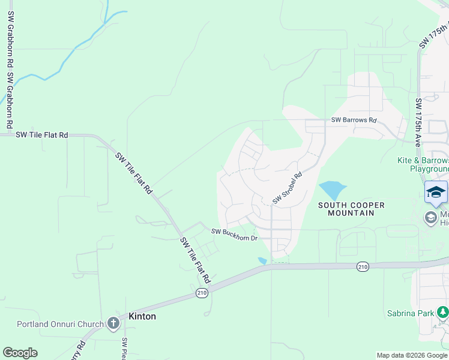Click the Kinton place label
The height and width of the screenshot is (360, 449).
pyautogui.click(x=142, y=316)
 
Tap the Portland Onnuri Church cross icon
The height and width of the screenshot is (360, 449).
pyautogui.click(x=113, y=324)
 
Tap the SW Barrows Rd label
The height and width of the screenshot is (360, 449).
pyautogui.click(x=354, y=120)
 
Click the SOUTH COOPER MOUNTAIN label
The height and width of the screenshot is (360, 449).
pyautogui.click(x=352, y=209)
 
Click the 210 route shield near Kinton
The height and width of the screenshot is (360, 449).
pyautogui.click(x=201, y=293)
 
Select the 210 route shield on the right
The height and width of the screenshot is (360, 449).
pyautogui.click(x=362, y=266)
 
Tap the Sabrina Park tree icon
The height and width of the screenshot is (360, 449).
pyautogui.click(x=442, y=312)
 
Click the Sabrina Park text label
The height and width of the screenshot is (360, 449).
pyautogui.click(x=411, y=313)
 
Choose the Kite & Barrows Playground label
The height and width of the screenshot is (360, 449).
pyautogui.click(x=423, y=164)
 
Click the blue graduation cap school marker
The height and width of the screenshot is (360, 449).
pyautogui.click(x=436, y=191)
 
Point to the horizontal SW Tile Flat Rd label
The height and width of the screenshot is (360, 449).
pyautogui.click(x=42, y=135)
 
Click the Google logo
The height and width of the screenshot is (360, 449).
pyautogui.click(x=20, y=353)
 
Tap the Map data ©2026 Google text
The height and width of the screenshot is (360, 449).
pyautogui.click(x=411, y=355)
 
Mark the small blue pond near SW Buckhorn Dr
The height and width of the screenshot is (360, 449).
pyautogui.click(x=262, y=260)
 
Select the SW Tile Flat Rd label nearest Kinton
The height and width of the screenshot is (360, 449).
pyautogui.click(x=196, y=260)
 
